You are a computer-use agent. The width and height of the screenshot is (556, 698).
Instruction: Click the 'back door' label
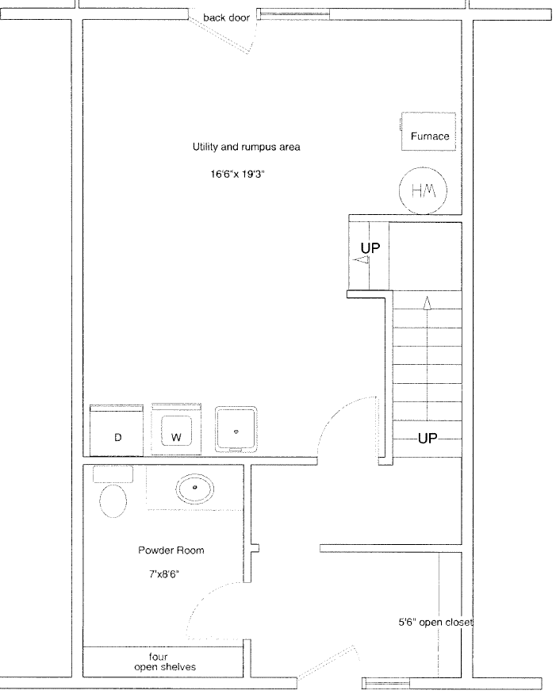click(226, 17)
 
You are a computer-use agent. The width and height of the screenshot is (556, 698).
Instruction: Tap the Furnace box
click(428, 132)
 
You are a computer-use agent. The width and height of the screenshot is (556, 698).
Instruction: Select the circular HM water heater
click(423, 190)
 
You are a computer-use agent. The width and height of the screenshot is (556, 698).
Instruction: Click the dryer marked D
click(117, 431)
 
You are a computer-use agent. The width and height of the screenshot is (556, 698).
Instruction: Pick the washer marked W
click(176, 429)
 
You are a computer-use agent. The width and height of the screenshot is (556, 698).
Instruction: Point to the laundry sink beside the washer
click(236, 429)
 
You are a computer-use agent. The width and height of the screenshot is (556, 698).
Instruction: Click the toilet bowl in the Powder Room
click(113, 500)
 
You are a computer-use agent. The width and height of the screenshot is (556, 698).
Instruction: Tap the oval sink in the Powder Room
click(194, 489)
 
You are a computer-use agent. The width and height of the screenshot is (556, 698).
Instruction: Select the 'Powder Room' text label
click(171, 550)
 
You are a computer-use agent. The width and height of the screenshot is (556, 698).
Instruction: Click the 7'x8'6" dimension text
click(164, 574)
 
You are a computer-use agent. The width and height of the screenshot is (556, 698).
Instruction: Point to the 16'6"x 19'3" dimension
click(238, 174)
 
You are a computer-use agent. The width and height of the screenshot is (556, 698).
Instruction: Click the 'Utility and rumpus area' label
click(246, 147)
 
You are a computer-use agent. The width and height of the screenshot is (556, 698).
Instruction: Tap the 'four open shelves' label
click(165, 662)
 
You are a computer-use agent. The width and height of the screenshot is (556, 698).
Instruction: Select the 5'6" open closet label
click(435, 623)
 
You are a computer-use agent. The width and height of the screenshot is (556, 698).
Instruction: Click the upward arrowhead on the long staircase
click(427, 303)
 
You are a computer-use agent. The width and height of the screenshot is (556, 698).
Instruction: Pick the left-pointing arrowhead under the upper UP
click(361, 260)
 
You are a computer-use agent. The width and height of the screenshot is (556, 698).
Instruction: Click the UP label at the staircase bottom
click(428, 439)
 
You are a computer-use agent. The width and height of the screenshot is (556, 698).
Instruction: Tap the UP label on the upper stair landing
click(370, 248)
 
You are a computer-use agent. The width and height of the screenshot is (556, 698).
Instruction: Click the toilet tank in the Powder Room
click(113, 474)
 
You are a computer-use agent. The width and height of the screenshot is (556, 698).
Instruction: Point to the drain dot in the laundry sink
click(236, 431)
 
